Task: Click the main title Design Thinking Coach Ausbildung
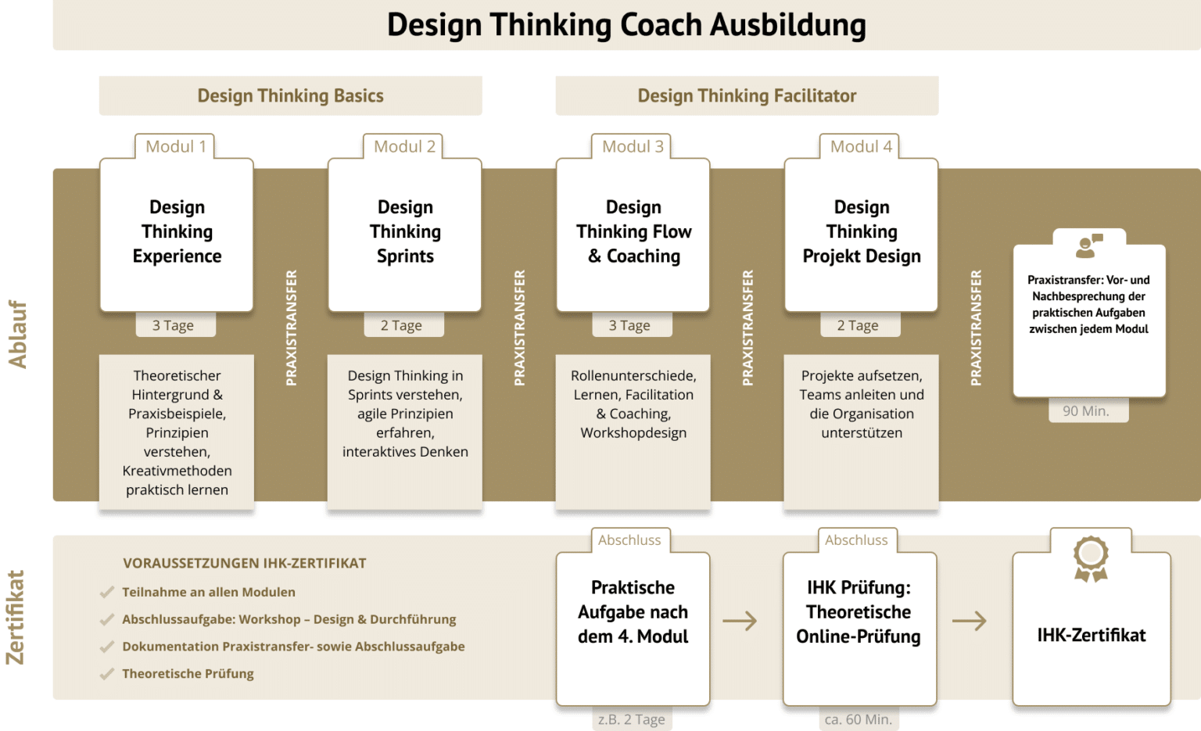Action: coord(626,25)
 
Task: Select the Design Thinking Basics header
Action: coord(291,95)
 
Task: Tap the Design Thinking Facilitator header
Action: coord(747,95)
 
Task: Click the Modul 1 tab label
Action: coord(176,146)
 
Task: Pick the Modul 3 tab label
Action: coord(633,146)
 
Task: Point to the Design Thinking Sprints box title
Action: coord(405,231)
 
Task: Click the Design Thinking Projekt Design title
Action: coord(862,231)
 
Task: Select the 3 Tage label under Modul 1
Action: coord(173,325)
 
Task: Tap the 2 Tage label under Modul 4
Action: coord(858,325)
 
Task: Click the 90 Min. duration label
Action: coord(1086,411)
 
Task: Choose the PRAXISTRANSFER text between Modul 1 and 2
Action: coord(291,328)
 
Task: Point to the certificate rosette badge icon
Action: coord(1091,559)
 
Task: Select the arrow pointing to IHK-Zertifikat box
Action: coord(970,621)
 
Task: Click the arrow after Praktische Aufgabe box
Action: coord(740,621)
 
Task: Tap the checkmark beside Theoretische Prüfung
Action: coord(106,674)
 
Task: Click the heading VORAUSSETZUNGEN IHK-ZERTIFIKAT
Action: coord(245,563)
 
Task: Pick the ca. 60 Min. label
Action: coord(859,720)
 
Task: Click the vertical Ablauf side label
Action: coord(17,335)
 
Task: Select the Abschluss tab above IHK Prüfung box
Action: coord(856,540)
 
